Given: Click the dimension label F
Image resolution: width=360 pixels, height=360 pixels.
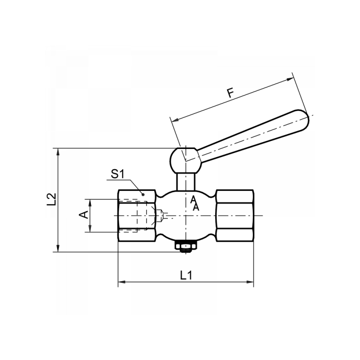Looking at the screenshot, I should tap(230, 93).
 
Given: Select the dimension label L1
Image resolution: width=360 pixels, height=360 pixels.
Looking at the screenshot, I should tap(185, 275).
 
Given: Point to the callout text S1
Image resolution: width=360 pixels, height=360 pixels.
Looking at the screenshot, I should tap(117, 173).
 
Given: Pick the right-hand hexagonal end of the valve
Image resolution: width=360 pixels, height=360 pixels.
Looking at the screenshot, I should tap(235, 216).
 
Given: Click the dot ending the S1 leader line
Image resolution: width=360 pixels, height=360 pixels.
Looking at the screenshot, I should tap(143, 194).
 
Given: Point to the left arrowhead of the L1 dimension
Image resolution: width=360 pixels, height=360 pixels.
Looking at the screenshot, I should tap(121, 283).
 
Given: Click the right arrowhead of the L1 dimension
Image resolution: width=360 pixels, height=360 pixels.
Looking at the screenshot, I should tap(250, 283).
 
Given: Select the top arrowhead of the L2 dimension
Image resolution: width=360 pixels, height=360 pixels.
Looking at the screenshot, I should tap(58, 152).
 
